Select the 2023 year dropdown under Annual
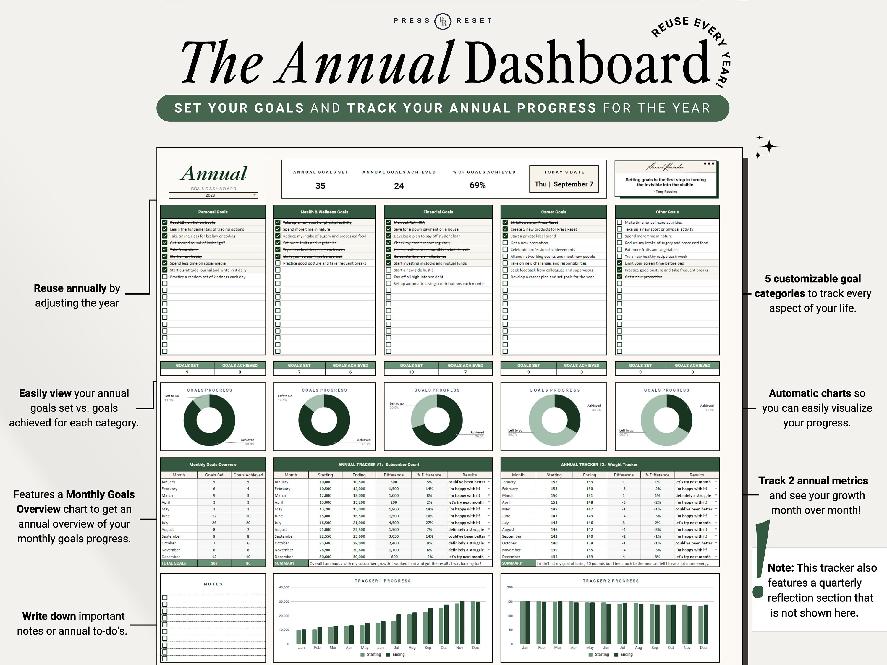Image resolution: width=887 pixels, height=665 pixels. pos(213,195)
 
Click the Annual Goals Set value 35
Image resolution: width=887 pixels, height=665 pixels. pos(320,186)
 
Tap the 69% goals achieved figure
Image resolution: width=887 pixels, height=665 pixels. pos(477,185)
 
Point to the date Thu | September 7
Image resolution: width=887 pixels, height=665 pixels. pos(564,184)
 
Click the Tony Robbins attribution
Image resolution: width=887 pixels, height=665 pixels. pos(665,192)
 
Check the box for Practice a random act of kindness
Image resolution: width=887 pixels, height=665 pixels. pos(165,277)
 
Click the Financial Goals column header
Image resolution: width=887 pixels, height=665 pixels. pos(438,212)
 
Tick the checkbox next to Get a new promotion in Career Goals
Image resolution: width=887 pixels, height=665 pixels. pos(505,243)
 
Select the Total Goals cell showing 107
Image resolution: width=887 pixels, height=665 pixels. pos(214,563)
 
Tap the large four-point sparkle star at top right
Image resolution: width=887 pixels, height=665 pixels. pos(769,147)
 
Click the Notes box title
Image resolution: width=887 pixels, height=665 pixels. pos(213,584)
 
